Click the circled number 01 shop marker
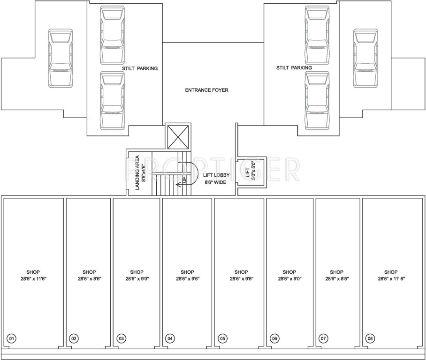click(x=11, y=338)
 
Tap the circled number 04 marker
click(x=170, y=338)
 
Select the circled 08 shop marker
click(x=370, y=338)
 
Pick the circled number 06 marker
click(x=274, y=338)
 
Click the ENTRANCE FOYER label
click(x=207, y=90)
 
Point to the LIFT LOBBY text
click(x=216, y=175)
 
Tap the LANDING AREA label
click(x=137, y=172)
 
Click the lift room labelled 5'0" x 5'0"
click(x=252, y=172)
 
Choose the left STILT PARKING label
click(x=140, y=68)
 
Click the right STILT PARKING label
click(x=294, y=67)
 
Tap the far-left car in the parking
click(x=61, y=58)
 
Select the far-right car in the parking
click(x=365, y=58)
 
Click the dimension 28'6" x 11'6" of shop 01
click(x=33, y=279)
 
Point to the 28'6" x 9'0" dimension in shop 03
click(x=137, y=279)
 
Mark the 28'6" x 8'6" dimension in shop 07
click(x=337, y=279)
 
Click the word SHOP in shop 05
click(x=241, y=272)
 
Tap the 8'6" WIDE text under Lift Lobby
click(x=215, y=182)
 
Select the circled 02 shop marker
click(x=74, y=338)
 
